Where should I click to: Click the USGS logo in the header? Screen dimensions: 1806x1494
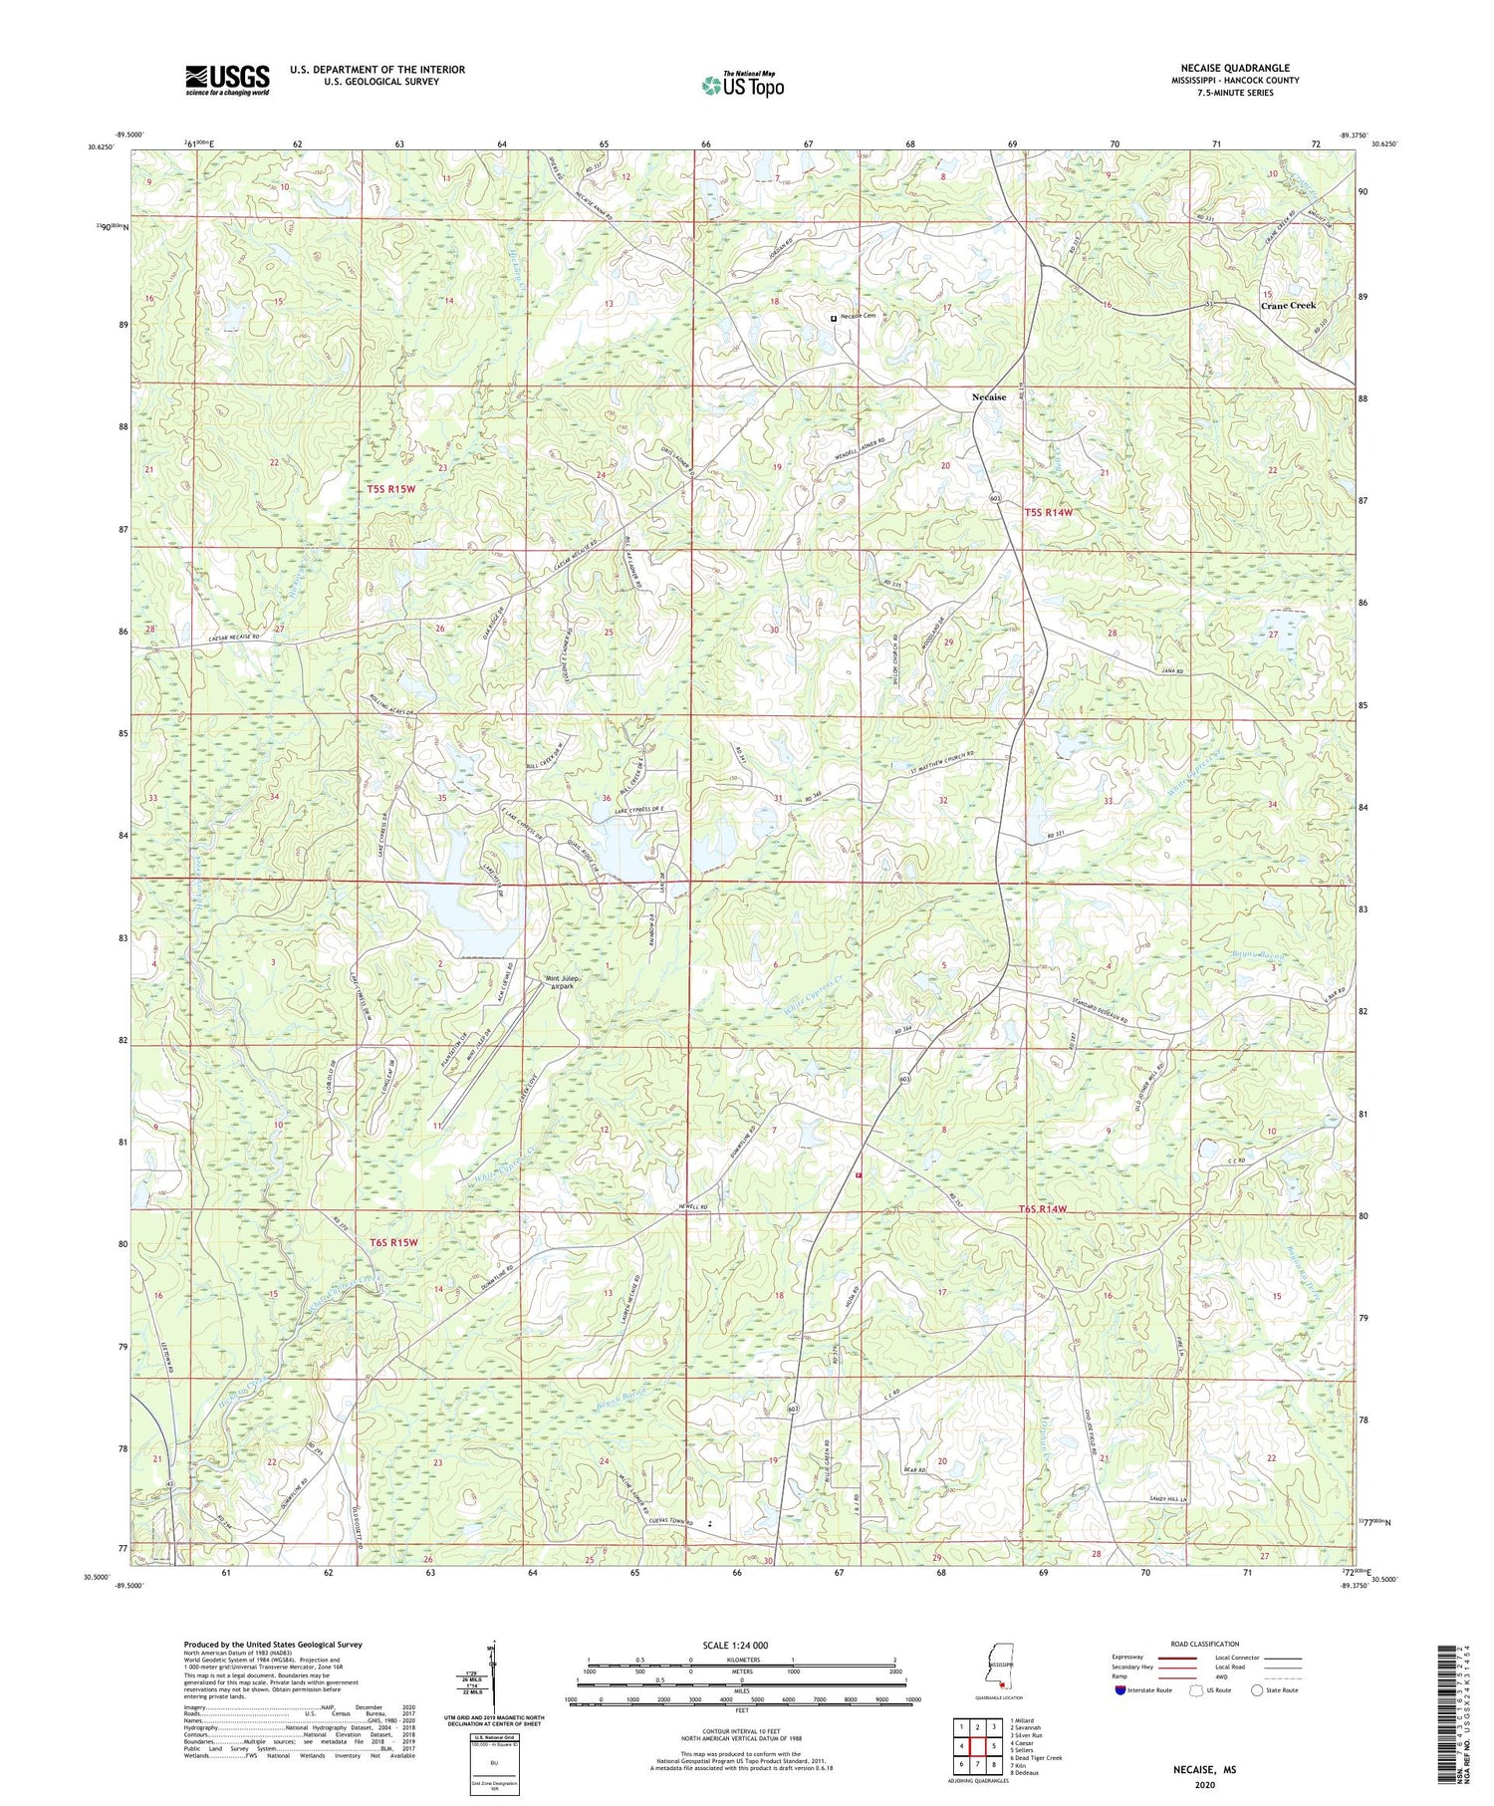227,79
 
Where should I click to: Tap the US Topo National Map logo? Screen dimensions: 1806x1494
742,85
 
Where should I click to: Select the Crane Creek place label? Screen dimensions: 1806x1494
1288,306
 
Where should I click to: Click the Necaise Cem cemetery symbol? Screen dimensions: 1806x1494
834,317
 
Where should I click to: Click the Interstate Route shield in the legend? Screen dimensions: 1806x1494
1120,1690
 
